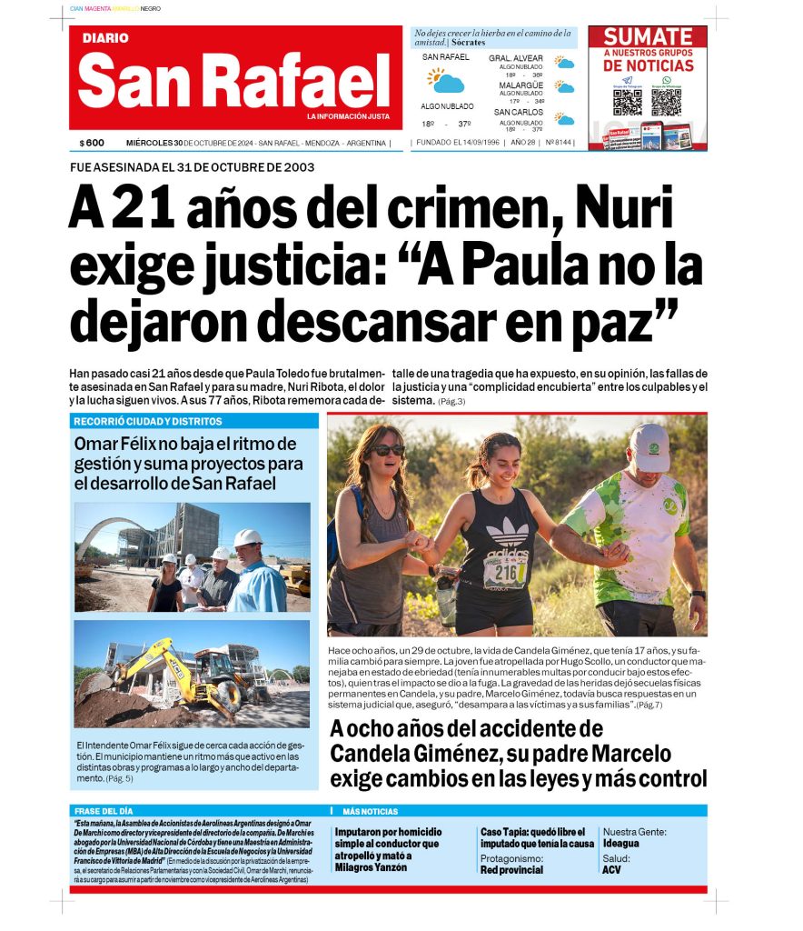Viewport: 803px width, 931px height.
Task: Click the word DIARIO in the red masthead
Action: (x=105, y=38)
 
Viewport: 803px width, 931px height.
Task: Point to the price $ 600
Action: (x=92, y=143)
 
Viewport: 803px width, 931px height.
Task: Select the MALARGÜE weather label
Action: (x=520, y=85)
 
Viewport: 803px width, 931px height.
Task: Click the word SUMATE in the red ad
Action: (x=648, y=37)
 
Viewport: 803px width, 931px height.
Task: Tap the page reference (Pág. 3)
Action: (x=451, y=401)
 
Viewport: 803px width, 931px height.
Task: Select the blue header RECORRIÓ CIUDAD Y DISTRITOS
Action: (x=147, y=422)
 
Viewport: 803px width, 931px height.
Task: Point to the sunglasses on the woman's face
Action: (x=388, y=450)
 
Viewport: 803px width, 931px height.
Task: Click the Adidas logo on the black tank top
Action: (x=507, y=532)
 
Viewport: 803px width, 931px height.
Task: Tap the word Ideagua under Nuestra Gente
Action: (x=620, y=843)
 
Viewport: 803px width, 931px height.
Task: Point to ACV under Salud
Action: (x=611, y=870)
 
